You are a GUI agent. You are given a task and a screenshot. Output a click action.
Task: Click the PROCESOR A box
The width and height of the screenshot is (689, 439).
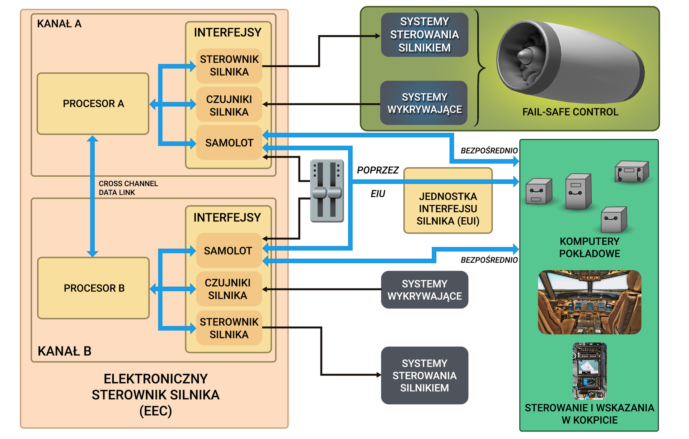93,104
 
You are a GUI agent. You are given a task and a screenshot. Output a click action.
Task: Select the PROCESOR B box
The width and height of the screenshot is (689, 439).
93,288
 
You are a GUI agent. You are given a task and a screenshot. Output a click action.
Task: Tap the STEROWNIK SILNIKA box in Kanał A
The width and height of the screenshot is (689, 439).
229,66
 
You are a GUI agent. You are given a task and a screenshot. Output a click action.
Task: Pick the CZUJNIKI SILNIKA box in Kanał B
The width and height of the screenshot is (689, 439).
228,289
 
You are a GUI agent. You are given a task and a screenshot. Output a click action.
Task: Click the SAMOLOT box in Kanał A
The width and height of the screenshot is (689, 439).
229,143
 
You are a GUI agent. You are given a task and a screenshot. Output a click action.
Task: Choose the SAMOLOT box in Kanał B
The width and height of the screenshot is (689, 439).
228,250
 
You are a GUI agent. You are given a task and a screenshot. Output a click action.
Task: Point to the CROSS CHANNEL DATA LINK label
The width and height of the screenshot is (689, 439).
128,188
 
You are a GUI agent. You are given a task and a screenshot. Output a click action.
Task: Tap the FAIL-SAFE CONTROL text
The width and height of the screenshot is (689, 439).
570,112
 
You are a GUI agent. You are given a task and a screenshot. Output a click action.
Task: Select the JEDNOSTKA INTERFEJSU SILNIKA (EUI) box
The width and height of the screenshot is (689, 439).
448,209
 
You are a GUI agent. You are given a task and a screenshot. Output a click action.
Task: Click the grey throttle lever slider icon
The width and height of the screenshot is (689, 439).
327,191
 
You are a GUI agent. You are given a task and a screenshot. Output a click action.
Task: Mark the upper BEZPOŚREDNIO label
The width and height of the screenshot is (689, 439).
489,151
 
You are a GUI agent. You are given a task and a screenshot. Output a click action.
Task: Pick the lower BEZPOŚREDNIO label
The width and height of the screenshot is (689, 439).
489,260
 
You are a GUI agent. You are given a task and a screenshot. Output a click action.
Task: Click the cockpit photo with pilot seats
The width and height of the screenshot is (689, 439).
589,302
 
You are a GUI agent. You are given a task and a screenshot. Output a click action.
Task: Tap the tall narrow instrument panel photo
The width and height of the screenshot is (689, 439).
589,371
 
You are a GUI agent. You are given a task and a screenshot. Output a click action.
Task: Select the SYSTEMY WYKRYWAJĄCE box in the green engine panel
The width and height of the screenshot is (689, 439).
424,103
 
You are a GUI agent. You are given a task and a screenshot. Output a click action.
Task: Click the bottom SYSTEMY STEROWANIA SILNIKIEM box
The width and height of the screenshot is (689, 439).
424,375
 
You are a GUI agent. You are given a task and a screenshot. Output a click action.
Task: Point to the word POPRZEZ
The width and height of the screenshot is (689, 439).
378,170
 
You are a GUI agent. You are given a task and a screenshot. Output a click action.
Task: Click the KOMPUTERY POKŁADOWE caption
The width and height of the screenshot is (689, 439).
589,247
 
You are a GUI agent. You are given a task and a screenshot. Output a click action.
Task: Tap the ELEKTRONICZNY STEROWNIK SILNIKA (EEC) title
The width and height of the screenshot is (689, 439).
155,395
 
